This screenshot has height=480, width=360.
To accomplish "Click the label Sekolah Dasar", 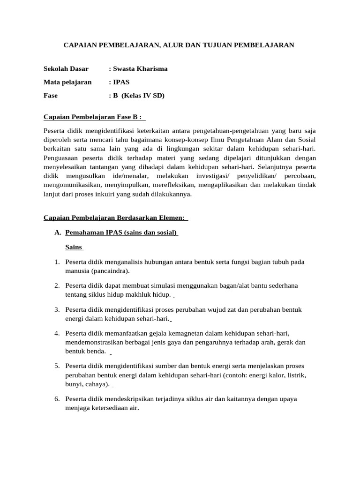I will click(66, 69).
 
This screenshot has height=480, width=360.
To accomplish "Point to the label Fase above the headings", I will click(51, 96).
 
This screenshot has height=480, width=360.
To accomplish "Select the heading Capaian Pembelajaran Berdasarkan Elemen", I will click(115, 217).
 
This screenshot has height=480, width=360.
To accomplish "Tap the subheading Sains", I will click(74, 247).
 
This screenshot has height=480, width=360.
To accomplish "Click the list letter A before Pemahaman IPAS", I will click(58, 232).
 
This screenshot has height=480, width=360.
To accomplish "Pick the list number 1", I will click(57, 262).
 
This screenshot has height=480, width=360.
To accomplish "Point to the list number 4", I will click(57, 333).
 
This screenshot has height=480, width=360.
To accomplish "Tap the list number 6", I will click(57, 399).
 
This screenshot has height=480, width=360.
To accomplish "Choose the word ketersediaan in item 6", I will click(106, 408).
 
